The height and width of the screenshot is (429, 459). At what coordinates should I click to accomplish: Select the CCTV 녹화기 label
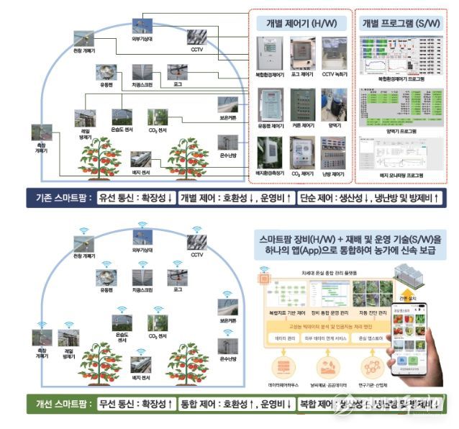(x=333, y=74)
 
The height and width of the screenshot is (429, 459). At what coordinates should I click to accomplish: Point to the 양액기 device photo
(x=333, y=102)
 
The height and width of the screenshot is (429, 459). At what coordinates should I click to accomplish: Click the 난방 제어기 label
(x=333, y=173)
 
